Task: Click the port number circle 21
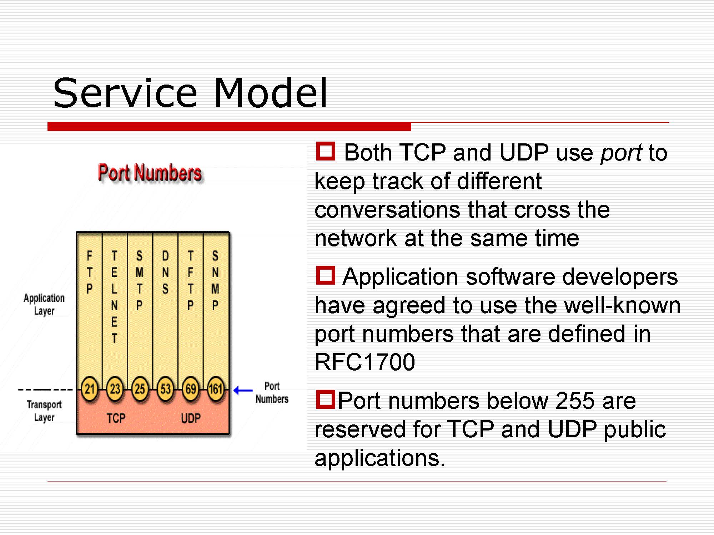point(90,389)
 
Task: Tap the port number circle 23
point(115,389)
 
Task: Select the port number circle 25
point(140,389)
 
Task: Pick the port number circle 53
point(165,389)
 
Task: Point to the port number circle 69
point(191,389)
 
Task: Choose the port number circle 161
point(216,389)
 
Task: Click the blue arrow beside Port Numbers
point(243,391)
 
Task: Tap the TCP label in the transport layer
point(116,418)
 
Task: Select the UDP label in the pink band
point(191,418)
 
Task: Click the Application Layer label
point(44,304)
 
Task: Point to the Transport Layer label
point(44,411)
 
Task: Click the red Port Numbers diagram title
point(150,173)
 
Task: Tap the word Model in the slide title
point(271,93)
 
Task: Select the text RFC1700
point(365,362)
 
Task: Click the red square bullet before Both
point(326,151)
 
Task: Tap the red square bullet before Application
point(326,275)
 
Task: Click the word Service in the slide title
point(125,93)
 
